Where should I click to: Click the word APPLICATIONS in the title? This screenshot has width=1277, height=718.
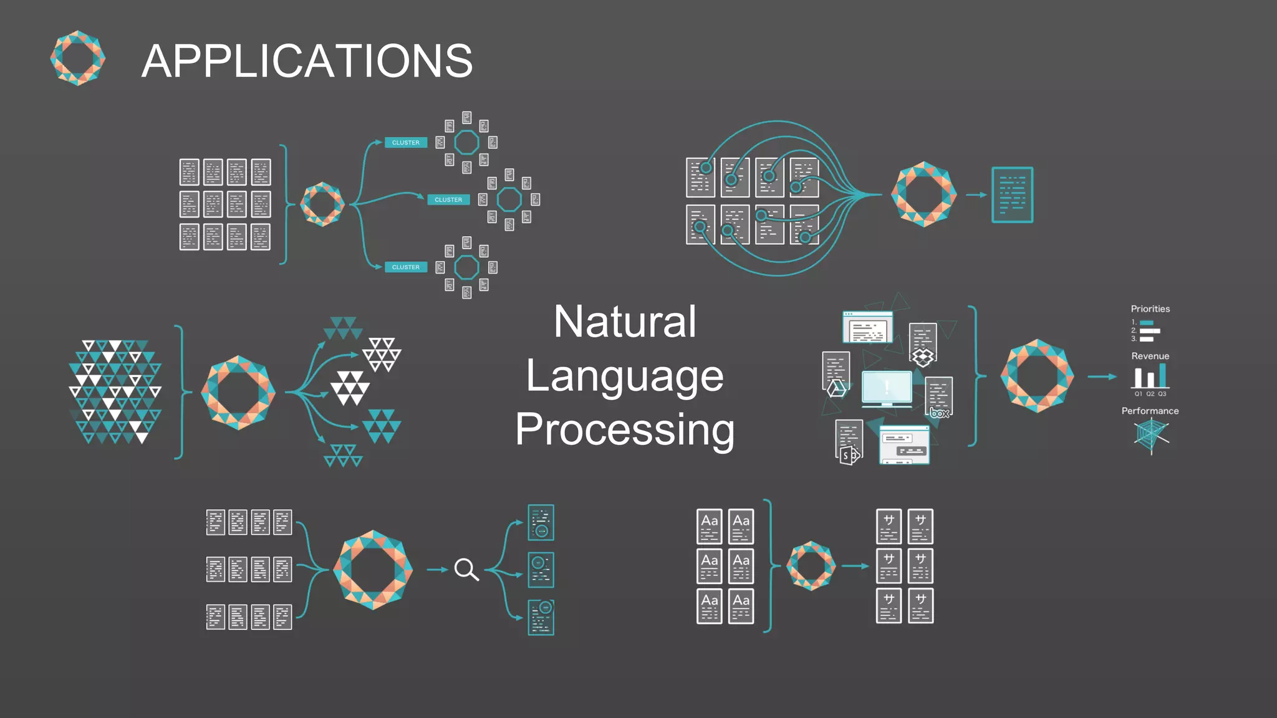coord(307,61)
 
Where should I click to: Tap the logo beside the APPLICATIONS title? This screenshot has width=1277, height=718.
coord(78,58)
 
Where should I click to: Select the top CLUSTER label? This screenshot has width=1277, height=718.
coord(406,143)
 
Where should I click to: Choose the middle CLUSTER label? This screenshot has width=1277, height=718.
coord(448,200)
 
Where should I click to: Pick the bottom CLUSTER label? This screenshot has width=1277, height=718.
coord(406,267)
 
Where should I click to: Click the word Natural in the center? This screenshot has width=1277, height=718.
coord(625,322)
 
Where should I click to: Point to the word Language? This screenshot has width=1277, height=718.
coord(625,376)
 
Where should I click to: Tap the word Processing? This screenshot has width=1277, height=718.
coord(625,430)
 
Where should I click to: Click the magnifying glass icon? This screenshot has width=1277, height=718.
coord(466,569)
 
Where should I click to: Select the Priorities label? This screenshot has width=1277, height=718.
coord(1150,309)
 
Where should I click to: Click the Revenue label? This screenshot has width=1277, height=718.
coord(1150,356)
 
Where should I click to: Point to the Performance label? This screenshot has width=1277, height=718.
coord(1150,411)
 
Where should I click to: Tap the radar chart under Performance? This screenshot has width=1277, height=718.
coord(1150,436)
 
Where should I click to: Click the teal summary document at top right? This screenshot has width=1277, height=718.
coord(1012,194)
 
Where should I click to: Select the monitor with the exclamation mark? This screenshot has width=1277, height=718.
coord(887,388)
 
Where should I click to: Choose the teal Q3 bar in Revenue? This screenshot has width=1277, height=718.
coord(1162,376)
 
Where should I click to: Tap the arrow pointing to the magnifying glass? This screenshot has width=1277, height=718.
coord(437,570)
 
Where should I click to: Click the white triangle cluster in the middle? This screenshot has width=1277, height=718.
coord(350,388)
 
